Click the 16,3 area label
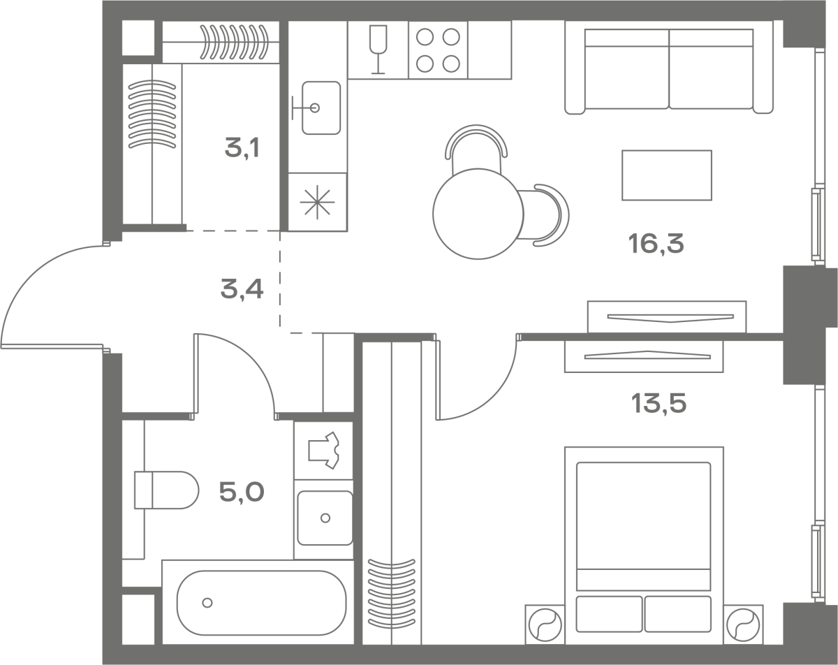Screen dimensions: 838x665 click(656, 244)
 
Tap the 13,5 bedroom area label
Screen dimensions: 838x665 click(659, 403)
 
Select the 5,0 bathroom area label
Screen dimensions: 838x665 click(242, 492)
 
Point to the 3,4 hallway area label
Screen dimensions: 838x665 click(242, 289)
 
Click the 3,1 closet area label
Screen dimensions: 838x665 click(242, 148)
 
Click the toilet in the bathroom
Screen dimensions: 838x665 click(166, 490)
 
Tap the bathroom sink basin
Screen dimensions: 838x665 click(325, 518)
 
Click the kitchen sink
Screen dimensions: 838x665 click(321, 108)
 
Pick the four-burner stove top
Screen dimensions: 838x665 click(438, 50)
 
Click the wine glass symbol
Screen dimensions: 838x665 click(378, 50)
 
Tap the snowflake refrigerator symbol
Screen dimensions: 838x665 click(317, 202)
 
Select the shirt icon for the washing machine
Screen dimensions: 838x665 click(323, 451)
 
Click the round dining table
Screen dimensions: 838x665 click(478, 214)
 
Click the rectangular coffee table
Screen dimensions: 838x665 click(667, 175)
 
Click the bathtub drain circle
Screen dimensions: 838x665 click(207, 603)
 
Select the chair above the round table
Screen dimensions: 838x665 click(476, 149)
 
